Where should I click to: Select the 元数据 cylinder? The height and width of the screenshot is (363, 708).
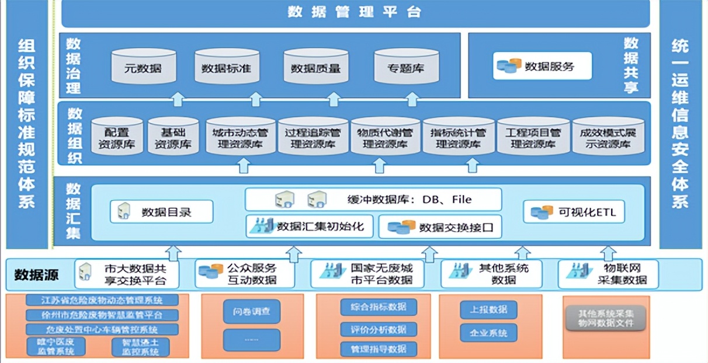pyautogui.click(x=143, y=68)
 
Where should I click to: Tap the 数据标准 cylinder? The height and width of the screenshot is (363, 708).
pyautogui.click(x=227, y=68)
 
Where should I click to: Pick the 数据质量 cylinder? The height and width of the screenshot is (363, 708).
pyautogui.click(x=315, y=68)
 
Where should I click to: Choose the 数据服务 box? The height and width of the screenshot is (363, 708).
pyautogui.click(x=542, y=66)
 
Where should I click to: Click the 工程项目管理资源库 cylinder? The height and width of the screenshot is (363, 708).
pyautogui.click(x=533, y=138)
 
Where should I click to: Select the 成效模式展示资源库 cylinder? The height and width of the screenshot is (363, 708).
pyautogui.click(x=608, y=138)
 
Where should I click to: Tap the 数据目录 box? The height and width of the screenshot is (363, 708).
pyautogui.click(x=161, y=212)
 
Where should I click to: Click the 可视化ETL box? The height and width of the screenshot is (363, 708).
pyautogui.click(x=574, y=212)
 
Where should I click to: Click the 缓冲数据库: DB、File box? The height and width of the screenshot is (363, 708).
pyautogui.click(x=373, y=200)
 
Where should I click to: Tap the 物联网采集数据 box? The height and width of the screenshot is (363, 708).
pyautogui.click(x=608, y=274)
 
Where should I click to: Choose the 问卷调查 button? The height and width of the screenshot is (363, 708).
pyautogui.click(x=251, y=312)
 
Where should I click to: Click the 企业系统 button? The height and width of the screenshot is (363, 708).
pyautogui.click(x=488, y=333)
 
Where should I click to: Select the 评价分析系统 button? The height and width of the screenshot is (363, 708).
pyautogui.click(x=379, y=329)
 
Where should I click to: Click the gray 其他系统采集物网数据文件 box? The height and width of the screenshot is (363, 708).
pyautogui.click(x=604, y=317)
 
